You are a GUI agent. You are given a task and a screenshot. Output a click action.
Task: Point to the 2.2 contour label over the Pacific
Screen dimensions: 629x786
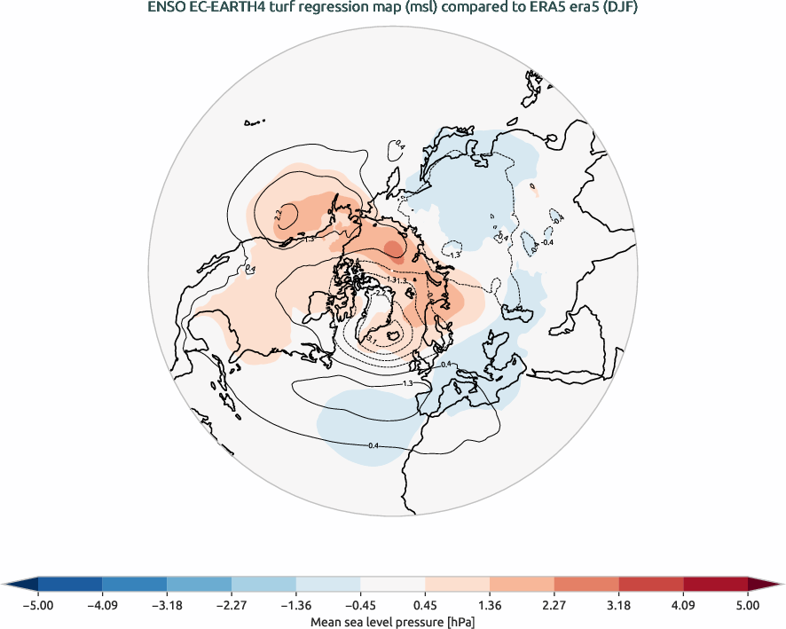pyautogui.click(x=279, y=214)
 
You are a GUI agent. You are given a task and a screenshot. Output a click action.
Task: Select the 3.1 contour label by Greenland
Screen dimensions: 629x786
pyautogui.click(x=373, y=340)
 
